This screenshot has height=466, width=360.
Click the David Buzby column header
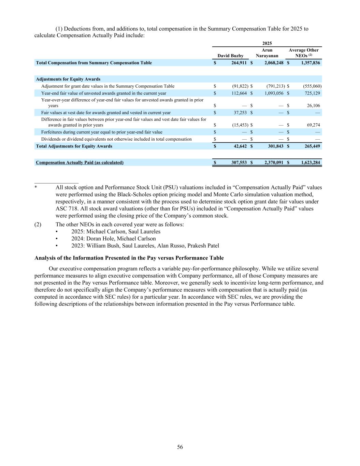(230, 56)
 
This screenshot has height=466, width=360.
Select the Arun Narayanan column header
(267, 53)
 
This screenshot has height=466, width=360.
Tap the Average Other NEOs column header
(303, 53)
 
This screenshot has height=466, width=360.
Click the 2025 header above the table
(267, 43)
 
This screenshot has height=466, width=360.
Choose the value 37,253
(239, 113)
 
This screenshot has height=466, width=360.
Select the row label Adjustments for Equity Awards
(68, 79)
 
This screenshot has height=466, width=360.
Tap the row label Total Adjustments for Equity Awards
(74, 146)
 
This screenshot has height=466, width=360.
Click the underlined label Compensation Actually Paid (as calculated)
(80, 163)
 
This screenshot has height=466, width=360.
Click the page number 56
(180, 447)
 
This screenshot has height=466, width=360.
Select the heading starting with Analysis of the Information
(129, 258)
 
